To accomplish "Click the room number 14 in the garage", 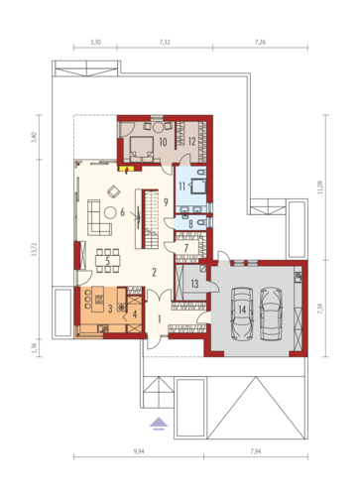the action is tap(242, 310).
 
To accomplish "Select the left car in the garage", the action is tap(242, 313).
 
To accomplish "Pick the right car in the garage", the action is tap(271, 313).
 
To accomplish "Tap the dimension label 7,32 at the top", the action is tap(165, 42).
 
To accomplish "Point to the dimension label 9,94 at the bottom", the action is tap(139, 451).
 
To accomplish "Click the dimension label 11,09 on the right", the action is tap(320, 187).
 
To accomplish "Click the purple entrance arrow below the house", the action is tap(159, 424).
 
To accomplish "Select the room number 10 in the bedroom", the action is tap(163, 142).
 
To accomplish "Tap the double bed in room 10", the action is tap(141, 148).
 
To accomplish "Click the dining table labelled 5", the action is tap(107, 261).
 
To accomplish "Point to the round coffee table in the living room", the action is tap(110, 212).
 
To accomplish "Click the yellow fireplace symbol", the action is tap(127, 170).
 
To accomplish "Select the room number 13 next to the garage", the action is tap(194, 284).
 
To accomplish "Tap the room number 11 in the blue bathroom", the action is tap(181, 187).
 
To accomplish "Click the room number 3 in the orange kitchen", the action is tap(110, 309).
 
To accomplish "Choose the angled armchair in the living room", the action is tap(114, 191).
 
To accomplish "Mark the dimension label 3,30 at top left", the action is tap(95, 42).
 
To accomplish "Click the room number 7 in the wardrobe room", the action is tap(186, 247).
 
